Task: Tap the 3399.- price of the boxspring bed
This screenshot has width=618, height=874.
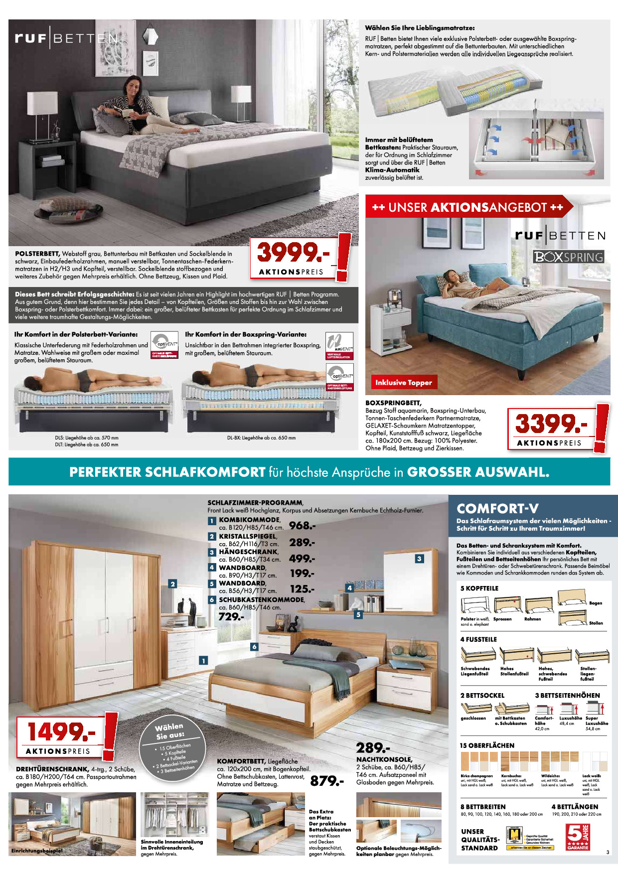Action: click(x=551, y=424)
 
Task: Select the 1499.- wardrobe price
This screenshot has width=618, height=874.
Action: click(x=61, y=731)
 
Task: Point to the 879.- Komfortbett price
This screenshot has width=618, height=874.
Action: click(x=327, y=781)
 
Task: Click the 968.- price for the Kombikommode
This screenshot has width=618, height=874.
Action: click(x=302, y=526)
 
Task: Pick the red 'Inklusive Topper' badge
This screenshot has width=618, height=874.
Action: click(x=404, y=382)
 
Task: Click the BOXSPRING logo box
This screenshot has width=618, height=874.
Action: click(x=569, y=257)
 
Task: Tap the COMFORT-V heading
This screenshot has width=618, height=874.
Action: click(x=497, y=509)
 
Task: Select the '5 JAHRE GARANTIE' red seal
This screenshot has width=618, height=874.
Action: click(x=578, y=837)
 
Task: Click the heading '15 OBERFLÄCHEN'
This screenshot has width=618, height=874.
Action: click(x=487, y=745)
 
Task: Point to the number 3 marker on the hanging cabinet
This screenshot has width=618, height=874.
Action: click(x=419, y=559)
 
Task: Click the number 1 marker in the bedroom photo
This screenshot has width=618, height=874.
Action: click(x=203, y=661)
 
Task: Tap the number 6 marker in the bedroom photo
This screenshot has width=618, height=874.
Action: click(x=254, y=647)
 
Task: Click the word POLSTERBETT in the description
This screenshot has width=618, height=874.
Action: click(x=37, y=254)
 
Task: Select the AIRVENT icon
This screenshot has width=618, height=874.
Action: click(x=339, y=345)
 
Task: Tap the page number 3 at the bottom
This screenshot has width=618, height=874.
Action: click(x=608, y=852)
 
